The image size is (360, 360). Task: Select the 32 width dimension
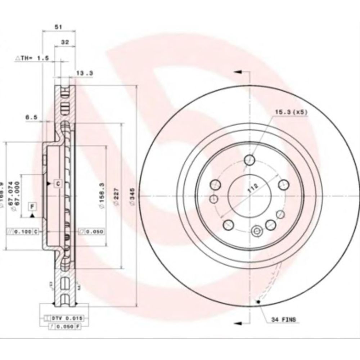tap(65, 42)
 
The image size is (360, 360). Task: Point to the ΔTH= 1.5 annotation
tap(32, 58)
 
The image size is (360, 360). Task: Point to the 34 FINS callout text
tap(284, 319)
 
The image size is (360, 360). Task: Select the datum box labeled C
tap(58, 184)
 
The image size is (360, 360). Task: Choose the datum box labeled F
tap(32, 206)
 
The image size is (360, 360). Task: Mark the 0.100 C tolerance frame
tap(23, 231)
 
